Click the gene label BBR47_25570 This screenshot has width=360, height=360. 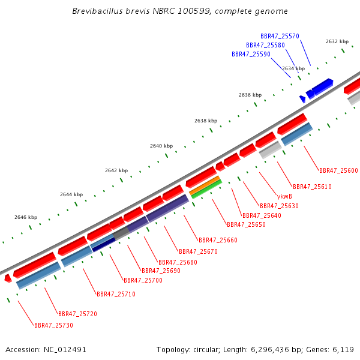point(280,36)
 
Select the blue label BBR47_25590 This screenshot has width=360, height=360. point(251,54)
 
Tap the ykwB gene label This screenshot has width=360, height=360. point(284,197)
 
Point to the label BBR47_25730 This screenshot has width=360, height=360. point(53,325)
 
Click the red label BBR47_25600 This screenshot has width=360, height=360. point(338,170)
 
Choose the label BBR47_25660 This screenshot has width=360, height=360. point(218,240)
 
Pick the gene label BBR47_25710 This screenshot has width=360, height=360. point(116,294)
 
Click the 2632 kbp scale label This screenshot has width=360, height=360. point(337,41)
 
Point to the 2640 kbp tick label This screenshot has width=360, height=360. point(161,146)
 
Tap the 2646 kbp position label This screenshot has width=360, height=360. point(26,217)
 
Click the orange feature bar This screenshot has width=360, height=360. point(205,185)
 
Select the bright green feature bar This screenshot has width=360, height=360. point(206,189)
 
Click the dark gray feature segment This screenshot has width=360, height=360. point(121,233)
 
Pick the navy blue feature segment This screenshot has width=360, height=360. point(104,245)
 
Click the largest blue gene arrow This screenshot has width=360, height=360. point(323,87)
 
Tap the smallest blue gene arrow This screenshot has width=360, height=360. point(302,99)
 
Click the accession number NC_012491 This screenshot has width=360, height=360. point(65,350)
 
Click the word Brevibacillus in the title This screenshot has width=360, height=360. point(98,11)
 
